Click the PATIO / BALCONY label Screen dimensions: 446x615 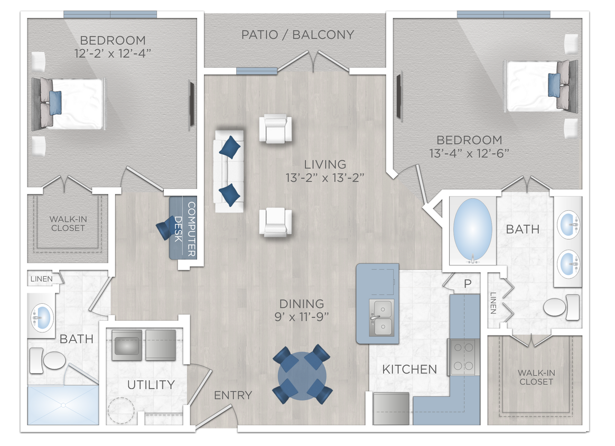pyautogui.click(x=297, y=35)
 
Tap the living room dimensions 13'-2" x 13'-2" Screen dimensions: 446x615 pyautogui.click(x=325, y=178)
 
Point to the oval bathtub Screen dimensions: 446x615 pyautogui.click(x=472, y=230)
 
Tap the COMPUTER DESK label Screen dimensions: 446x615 pyautogui.click(x=185, y=228)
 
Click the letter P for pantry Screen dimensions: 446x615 pyautogui.click(x=468, y=284)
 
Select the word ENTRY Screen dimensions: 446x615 pyautogui.click(x=233, y=395)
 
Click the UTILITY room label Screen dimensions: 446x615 pyautogui.click(x=151, y=385)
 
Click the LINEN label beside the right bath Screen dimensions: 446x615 pyautogui.click(x=492, y=303)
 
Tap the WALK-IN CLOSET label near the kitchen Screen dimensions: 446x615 pyautogui.click(x=536, y=377)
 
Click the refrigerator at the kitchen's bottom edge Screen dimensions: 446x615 pyautogui.click(x=391, y=408)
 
